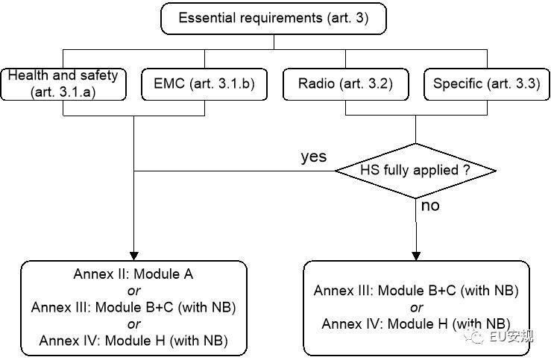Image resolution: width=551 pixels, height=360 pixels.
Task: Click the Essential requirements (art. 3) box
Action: [274, 19]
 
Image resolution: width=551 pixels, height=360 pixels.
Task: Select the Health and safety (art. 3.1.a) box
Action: [63, 84]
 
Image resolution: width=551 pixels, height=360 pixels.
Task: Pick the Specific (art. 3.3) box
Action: [486, 84]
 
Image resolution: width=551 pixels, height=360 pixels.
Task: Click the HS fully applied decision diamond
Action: [415, 171]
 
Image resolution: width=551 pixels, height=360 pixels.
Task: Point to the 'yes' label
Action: [313, 157]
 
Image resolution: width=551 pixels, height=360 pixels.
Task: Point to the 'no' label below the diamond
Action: [431, 206]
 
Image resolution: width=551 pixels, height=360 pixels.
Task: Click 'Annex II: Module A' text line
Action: [133, 274]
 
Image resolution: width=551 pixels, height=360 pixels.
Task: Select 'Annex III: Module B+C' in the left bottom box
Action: [133, 307]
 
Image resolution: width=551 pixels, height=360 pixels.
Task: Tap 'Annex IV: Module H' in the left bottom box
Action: [133, 341]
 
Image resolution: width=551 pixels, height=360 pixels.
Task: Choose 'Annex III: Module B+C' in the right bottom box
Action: [416, 291]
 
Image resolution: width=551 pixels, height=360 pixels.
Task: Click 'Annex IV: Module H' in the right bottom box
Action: [416, 324]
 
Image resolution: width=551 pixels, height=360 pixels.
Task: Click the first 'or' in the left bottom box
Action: [133, 291]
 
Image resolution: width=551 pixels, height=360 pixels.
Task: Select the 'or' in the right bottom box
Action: [416, 307]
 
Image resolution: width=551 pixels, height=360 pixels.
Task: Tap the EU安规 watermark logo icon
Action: [476, 338]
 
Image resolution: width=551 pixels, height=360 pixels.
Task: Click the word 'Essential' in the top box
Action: [205, 19]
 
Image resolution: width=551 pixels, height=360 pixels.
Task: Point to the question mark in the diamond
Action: [466, 171]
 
